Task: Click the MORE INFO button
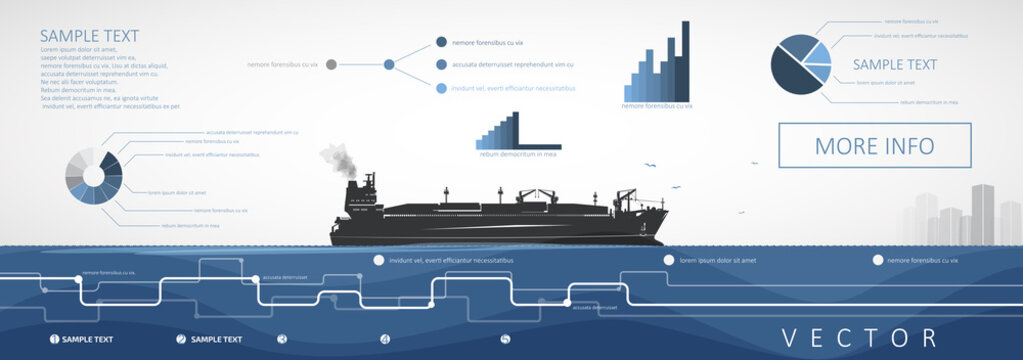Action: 875,146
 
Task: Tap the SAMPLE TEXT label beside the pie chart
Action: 894,65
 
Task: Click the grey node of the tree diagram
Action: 331,65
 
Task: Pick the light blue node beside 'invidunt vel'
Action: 441,88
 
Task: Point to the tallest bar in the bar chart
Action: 685,60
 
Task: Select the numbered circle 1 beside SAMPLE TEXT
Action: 54,339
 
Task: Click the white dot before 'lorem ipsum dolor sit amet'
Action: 668,260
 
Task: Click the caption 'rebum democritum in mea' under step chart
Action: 517,154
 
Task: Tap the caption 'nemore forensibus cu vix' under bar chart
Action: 657,105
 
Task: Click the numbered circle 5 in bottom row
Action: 505,339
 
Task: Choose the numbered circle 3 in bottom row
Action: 282,339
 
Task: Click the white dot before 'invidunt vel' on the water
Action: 379,260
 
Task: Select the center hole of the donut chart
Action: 94,175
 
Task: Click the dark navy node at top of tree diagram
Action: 441,42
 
